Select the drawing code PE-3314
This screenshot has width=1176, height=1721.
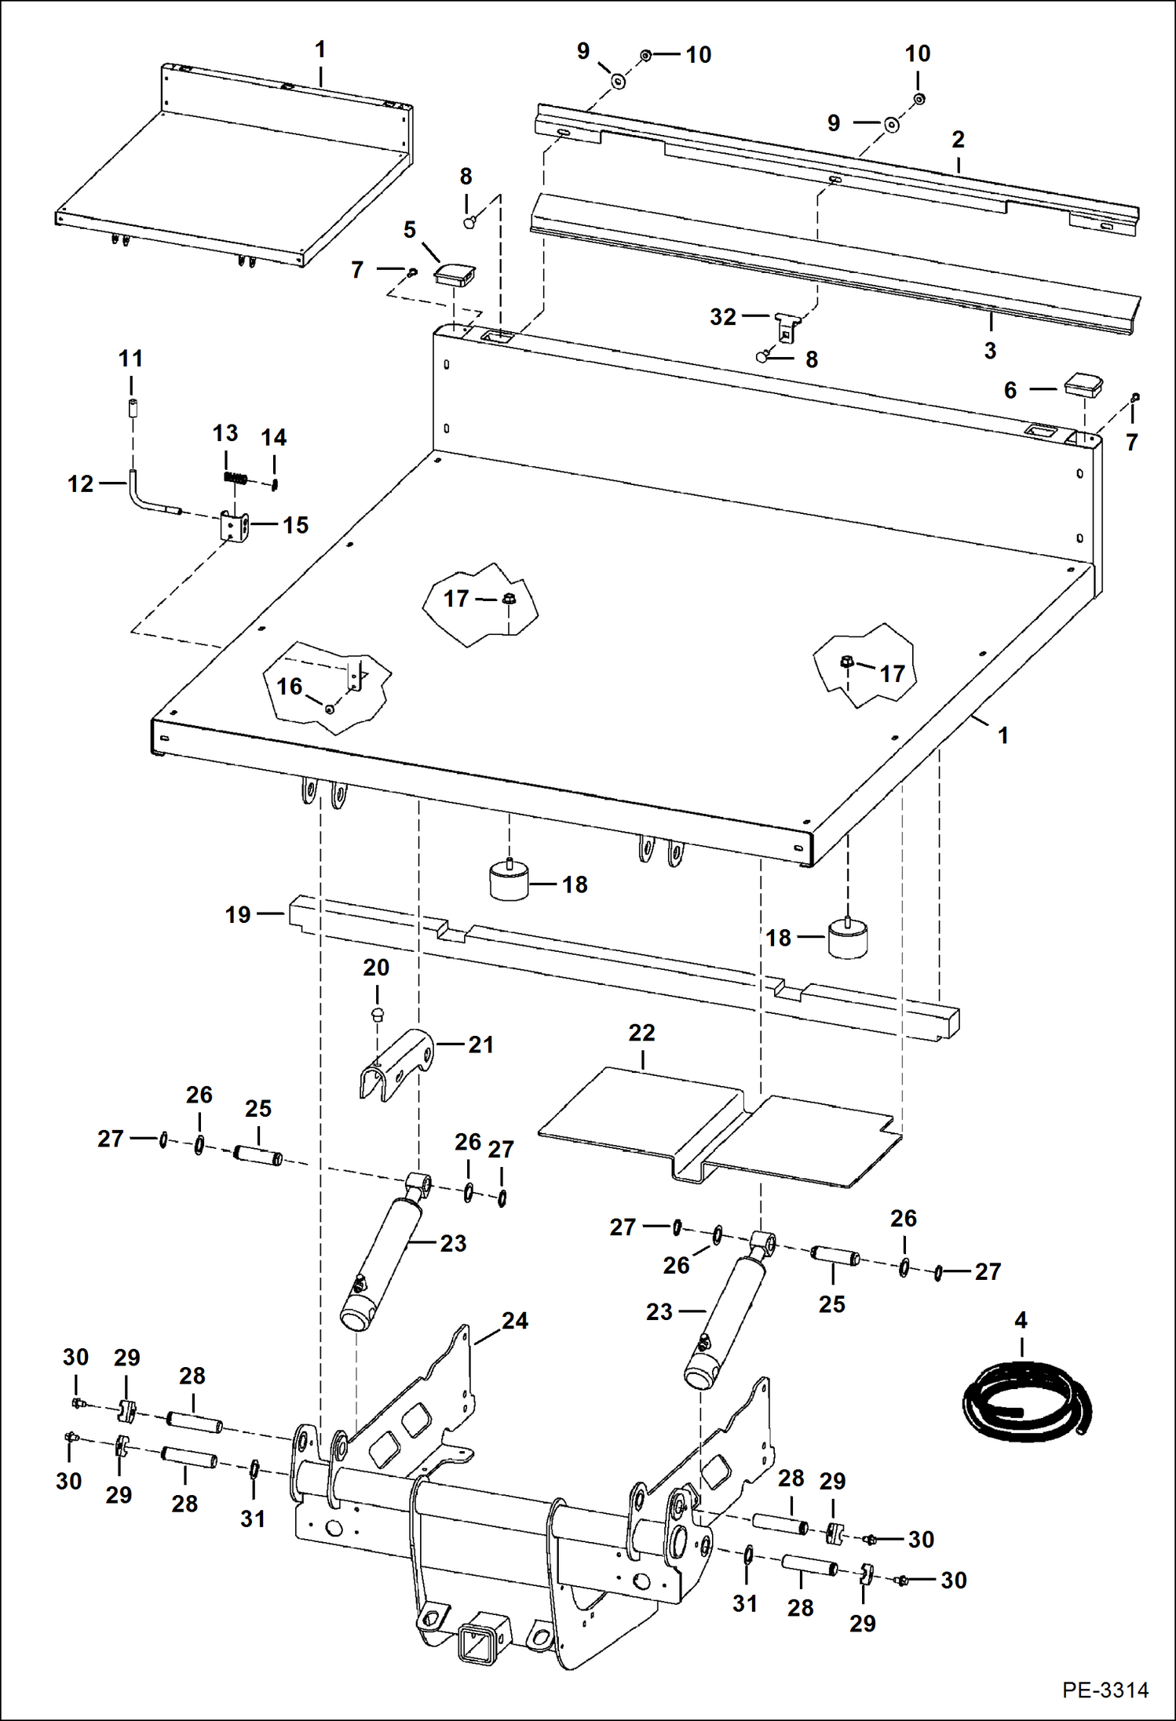click(1105, 1690)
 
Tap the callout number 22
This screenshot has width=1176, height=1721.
click(641, 1033)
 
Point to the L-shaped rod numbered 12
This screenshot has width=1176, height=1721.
click(149, 498)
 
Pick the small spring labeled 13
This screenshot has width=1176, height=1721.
click(236, 478)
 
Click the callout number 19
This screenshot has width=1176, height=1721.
click(238, 914)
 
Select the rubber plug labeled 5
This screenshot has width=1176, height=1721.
click(455, 275)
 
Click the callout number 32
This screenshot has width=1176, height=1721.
click(723, 317)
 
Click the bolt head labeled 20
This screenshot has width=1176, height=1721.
click(377, 1013)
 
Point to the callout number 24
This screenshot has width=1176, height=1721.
click(515, 1321)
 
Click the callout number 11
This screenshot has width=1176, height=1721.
click(131, 359)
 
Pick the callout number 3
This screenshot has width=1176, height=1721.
click(990, 350)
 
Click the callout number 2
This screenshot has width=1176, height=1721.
click(958, 139)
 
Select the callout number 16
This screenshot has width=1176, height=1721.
click(289, 687)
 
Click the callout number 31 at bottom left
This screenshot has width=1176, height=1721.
click(253, 1519)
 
